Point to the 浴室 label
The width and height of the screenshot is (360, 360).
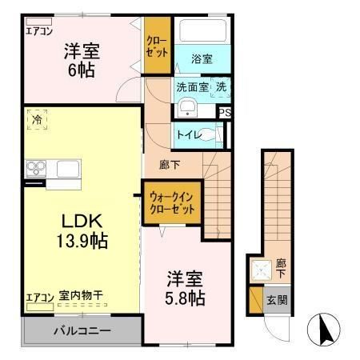(x=202, y=58)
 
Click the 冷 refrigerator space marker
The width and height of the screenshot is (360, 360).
(x=37, y=120)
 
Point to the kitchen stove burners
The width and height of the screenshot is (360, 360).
(x=35, y=168)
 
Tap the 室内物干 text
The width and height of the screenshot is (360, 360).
(x=80, y=297)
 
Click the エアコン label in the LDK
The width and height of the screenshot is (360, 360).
(x=38, y=297)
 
